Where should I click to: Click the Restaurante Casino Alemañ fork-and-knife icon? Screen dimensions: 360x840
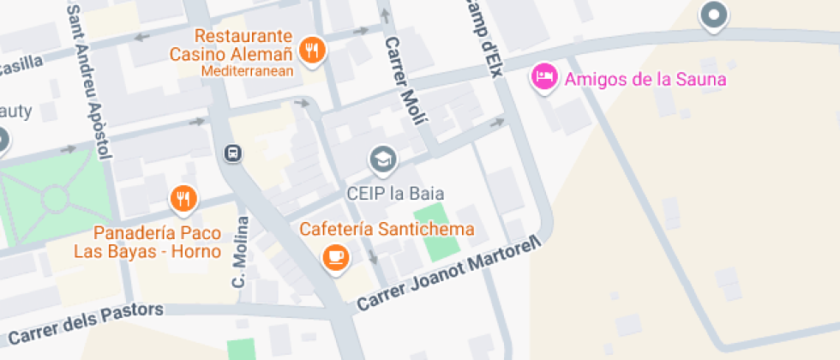click(x=314, y=50)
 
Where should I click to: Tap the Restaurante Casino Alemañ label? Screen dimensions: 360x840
click(x=243, y=45)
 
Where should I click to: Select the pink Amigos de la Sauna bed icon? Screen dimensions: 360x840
click(x=543, y=78)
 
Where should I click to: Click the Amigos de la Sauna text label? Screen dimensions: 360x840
click(x=645, y=81)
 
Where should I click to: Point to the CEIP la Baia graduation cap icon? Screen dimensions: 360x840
click(x=382, y=159)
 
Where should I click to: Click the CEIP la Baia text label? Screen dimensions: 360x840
click(x=395, y=193)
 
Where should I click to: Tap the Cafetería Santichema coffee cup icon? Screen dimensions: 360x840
click(x=335, y=257)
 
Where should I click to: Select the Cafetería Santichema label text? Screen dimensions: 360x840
click(x=387, y=230)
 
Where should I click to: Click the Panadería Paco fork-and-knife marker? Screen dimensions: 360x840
click(x=183, y=200)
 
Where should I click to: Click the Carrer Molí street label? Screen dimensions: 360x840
click(x=405, y=81)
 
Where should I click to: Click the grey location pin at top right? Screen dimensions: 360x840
click(x=713, y=15)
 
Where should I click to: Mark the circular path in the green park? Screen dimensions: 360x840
click(x=54, y=199)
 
